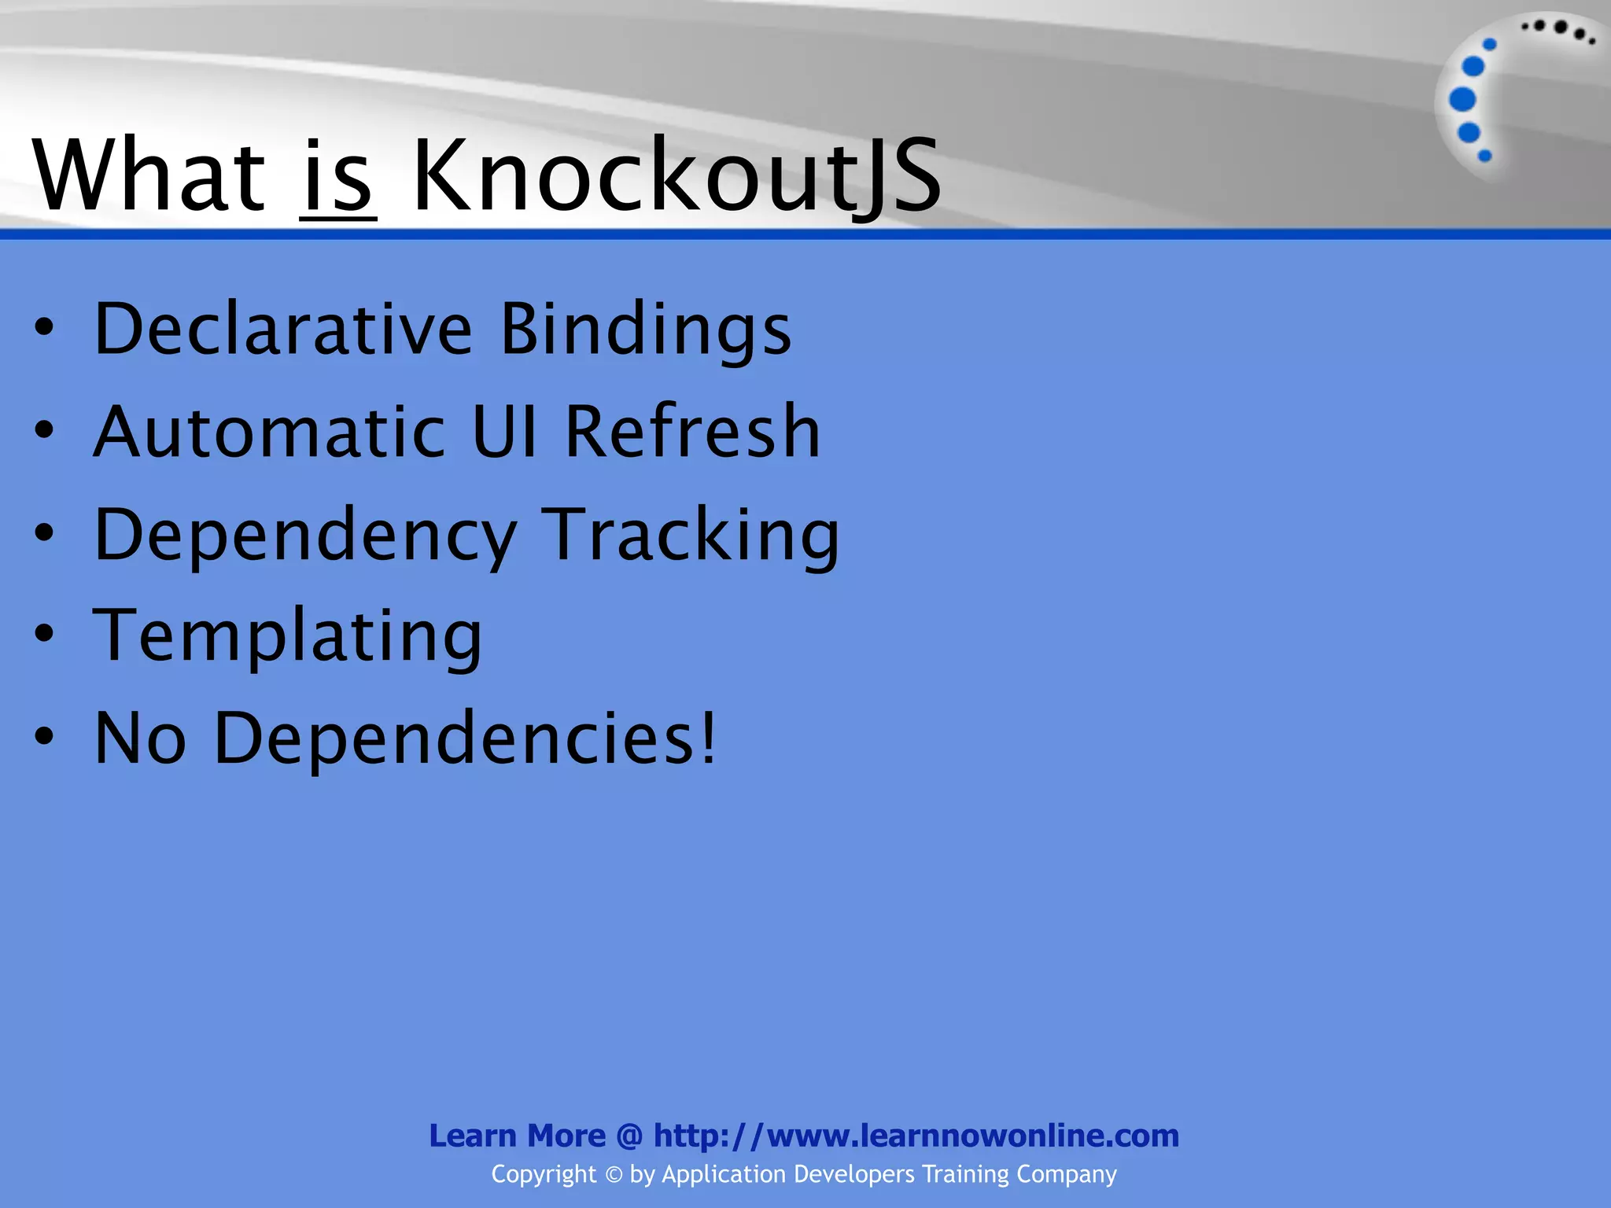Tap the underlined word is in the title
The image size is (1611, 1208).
(337, 178)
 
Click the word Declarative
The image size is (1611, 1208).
(283, 328)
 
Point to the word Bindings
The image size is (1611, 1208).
(646, 328)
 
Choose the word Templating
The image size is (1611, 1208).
(287, 637)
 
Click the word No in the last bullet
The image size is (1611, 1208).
(140, 738)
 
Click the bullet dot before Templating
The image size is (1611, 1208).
(45, 633)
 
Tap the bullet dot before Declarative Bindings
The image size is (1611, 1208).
(45, 326)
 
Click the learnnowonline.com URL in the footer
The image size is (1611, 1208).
(916, 1136)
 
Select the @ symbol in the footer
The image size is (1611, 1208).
(629, 1136)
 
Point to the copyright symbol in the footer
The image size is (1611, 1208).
(614, 1175)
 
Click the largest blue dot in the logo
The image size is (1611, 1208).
(1462, 99)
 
